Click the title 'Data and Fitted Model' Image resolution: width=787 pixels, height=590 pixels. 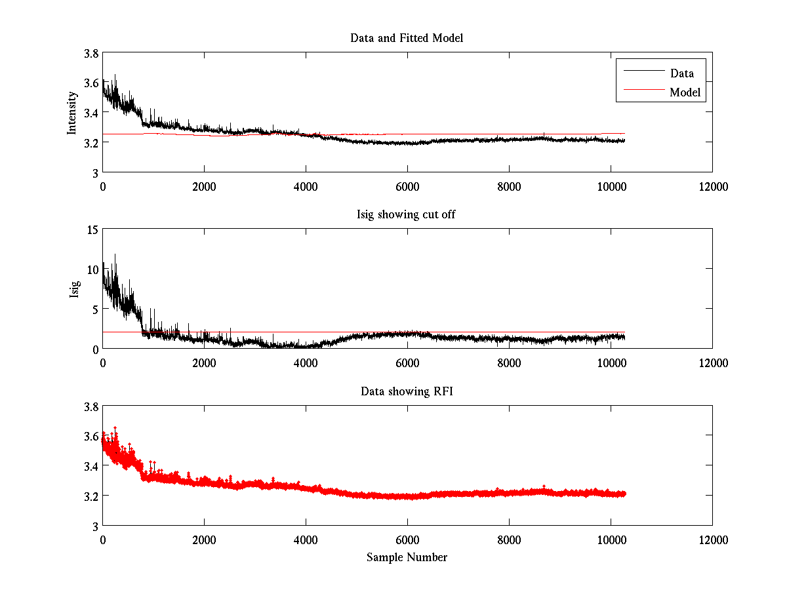pos(407,38)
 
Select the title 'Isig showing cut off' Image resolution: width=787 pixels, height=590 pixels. pos(407,215)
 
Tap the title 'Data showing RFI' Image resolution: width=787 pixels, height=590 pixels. pos(407,391)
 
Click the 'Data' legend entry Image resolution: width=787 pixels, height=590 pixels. pos(681,73)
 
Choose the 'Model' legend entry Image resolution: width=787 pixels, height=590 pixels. pos(685,92)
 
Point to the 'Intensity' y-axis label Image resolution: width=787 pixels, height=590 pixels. pos(73,113)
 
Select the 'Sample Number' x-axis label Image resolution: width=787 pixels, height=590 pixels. pos(407,557)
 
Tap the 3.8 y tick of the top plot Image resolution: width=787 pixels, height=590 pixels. pos(91,54)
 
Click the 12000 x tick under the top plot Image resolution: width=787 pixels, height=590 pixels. pos(712,186)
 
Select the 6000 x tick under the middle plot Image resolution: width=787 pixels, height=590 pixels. pos(407,363)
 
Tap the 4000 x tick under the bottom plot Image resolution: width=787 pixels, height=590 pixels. pos(306,540)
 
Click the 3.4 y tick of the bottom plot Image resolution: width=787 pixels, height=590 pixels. pos(91,466)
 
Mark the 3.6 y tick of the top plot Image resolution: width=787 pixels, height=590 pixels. pos(91,83)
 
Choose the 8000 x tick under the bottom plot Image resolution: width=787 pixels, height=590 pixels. pos(509,540)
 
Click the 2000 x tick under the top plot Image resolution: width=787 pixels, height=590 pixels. pos(204,186)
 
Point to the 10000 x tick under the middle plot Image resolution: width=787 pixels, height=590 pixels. pos(611,363)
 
